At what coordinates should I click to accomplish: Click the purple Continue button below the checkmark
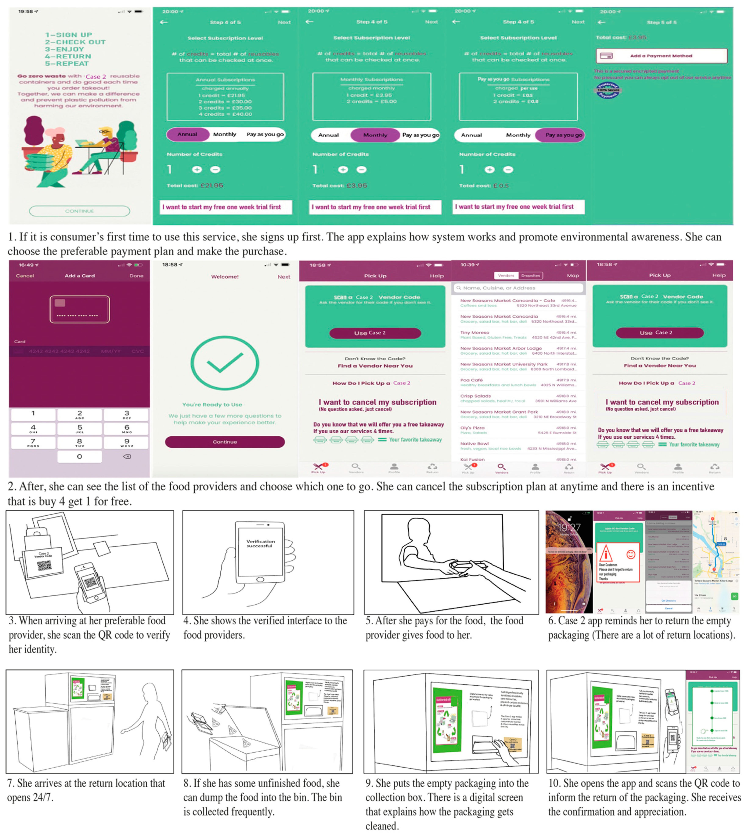(225, 442)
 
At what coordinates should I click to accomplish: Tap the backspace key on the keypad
(127, 456)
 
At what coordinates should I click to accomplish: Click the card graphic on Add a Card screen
(80, 309)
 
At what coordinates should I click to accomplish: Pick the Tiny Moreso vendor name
(475, 332)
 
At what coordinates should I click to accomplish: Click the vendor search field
(518, 288)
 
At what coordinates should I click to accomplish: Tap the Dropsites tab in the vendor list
(530, 275)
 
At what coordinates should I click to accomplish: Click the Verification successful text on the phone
(260, 544)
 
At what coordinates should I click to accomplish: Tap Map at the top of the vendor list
(573, 275)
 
